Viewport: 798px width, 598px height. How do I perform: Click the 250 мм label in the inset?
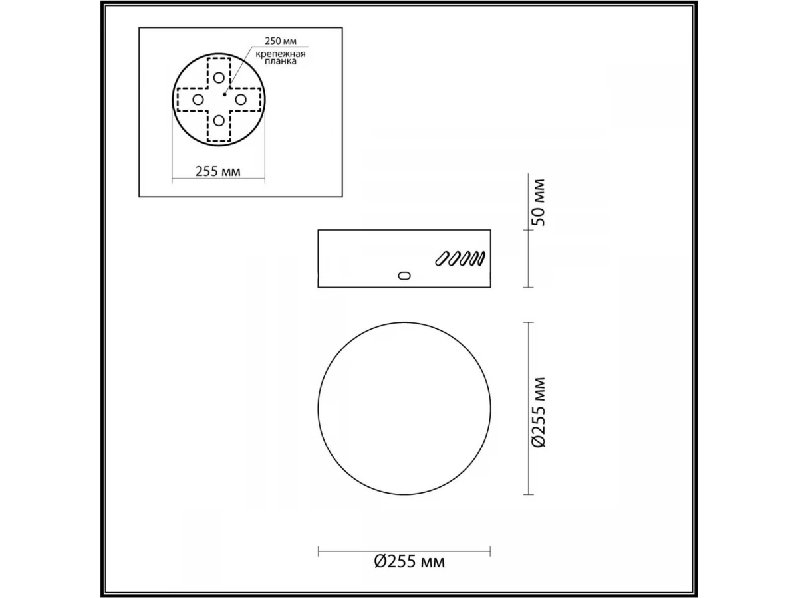point(281,41)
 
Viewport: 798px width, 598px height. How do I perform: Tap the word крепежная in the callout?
point(281,54)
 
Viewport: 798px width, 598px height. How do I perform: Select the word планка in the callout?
point(281,61)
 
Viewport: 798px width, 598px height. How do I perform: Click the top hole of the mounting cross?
point(219,78)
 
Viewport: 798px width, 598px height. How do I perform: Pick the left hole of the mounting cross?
point(198,100)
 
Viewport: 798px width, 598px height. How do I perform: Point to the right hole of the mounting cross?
point(241,100)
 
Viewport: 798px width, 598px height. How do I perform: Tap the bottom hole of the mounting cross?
point(219,120)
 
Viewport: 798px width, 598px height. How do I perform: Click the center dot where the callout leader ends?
point(225,94)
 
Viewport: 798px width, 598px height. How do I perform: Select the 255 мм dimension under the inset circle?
point(217,171)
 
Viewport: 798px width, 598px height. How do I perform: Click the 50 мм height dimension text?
point(540,203)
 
